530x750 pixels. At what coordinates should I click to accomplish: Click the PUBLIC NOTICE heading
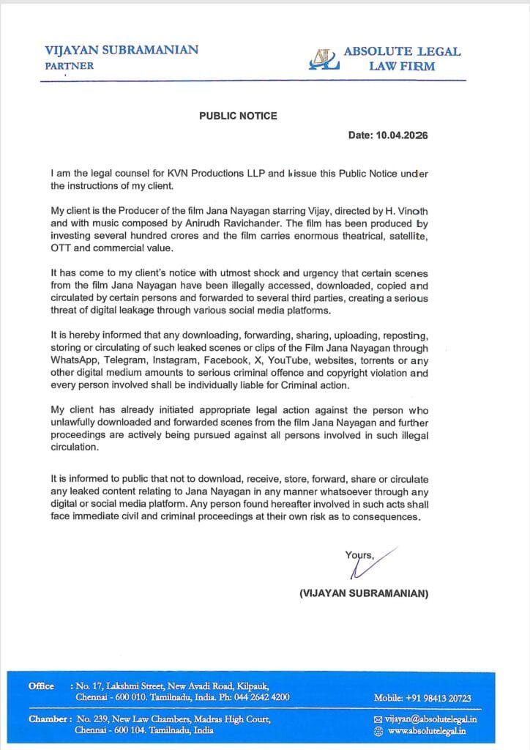coord(238,116)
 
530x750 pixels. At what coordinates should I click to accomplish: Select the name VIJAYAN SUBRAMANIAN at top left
coord(122,51)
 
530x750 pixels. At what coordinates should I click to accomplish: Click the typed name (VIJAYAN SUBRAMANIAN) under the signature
coord(364,593)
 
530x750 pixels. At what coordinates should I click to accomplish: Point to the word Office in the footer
coord(41,686)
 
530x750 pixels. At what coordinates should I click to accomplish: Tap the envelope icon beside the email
coord(378,720)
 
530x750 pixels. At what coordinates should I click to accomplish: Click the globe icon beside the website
coord(378,731)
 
